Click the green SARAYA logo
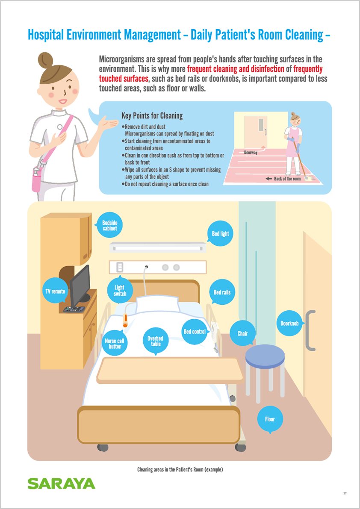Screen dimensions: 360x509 tap(61, 483)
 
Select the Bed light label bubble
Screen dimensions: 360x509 tap(221, 234)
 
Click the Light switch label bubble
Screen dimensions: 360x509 tap(120, 290)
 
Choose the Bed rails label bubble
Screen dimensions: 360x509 tap(222, 292)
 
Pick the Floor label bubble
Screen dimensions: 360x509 tap(270, 419)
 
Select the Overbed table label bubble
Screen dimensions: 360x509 tap(156, 341)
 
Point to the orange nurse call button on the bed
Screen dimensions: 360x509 tap(124, 321)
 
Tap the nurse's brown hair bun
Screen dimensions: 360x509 tap(45, 60)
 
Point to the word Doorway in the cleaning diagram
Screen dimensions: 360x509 tap(250, 152)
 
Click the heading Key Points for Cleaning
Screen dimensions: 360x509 tap(152, 115)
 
